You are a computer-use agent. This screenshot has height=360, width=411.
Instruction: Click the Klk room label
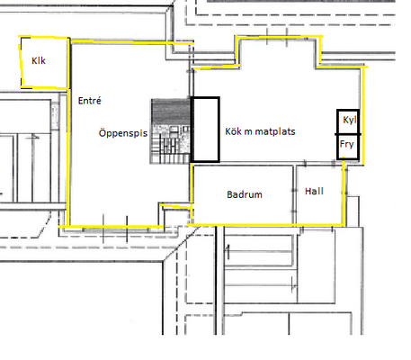tap(39, 60)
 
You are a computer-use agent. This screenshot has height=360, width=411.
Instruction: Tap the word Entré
tap(89, 101)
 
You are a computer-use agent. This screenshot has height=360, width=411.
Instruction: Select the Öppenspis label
tap(123, 133)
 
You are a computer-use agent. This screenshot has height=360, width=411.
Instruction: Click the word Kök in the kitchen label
tap(233, 131)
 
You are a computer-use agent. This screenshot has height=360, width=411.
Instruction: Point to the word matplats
tap(275, 131)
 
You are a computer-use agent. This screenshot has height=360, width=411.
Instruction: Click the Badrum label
tap(245, 194)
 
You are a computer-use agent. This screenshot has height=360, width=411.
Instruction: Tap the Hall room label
tap(314, 191)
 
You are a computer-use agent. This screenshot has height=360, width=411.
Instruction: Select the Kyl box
tap(348, 121)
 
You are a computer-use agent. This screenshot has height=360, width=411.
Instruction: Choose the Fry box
tap(348, 147)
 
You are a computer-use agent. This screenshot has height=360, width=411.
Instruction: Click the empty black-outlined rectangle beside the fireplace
tap(206, 130)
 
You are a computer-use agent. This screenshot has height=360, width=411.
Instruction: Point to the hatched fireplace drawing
tap(170, 131)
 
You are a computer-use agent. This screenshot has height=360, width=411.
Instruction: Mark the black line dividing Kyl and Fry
tap(348, 134)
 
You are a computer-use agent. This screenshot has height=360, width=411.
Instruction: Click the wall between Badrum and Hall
tap(295, 194)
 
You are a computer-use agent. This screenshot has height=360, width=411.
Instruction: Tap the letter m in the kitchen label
tap(248, 132)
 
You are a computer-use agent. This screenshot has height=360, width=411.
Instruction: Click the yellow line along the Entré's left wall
tap(68, 132)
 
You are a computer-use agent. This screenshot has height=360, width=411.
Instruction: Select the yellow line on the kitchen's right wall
tap(363, 116)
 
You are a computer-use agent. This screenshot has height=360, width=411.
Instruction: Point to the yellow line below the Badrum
tap(265, 225)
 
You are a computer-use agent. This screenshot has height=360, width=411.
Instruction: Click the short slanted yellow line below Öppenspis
tap(175, 206)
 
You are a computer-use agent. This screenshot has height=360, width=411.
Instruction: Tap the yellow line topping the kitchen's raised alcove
tap(279, 37)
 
